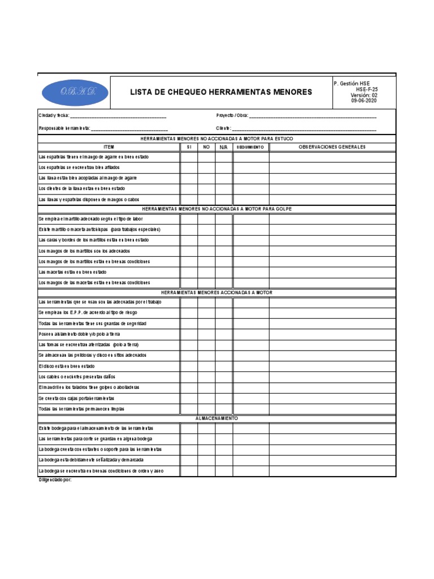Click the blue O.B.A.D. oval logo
click(73, 92)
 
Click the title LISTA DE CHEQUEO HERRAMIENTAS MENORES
click(221, 92)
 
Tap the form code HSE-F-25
click(367, 89)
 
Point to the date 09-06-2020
click(364, 101)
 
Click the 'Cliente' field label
click(223, 128)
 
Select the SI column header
click(189, 147)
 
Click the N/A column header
click(223, 147)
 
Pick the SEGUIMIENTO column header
click(250, 147)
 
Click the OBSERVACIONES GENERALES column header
click(332, 147)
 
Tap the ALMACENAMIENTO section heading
click(216, 418)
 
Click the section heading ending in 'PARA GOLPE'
click(216, 209)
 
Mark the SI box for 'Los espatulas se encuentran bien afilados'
click(189, 167)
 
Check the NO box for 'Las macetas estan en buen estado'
click(206, 272)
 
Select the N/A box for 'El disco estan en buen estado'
click(223, 366)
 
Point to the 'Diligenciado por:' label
click(55, 480)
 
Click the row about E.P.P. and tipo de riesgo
click(88, 312)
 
